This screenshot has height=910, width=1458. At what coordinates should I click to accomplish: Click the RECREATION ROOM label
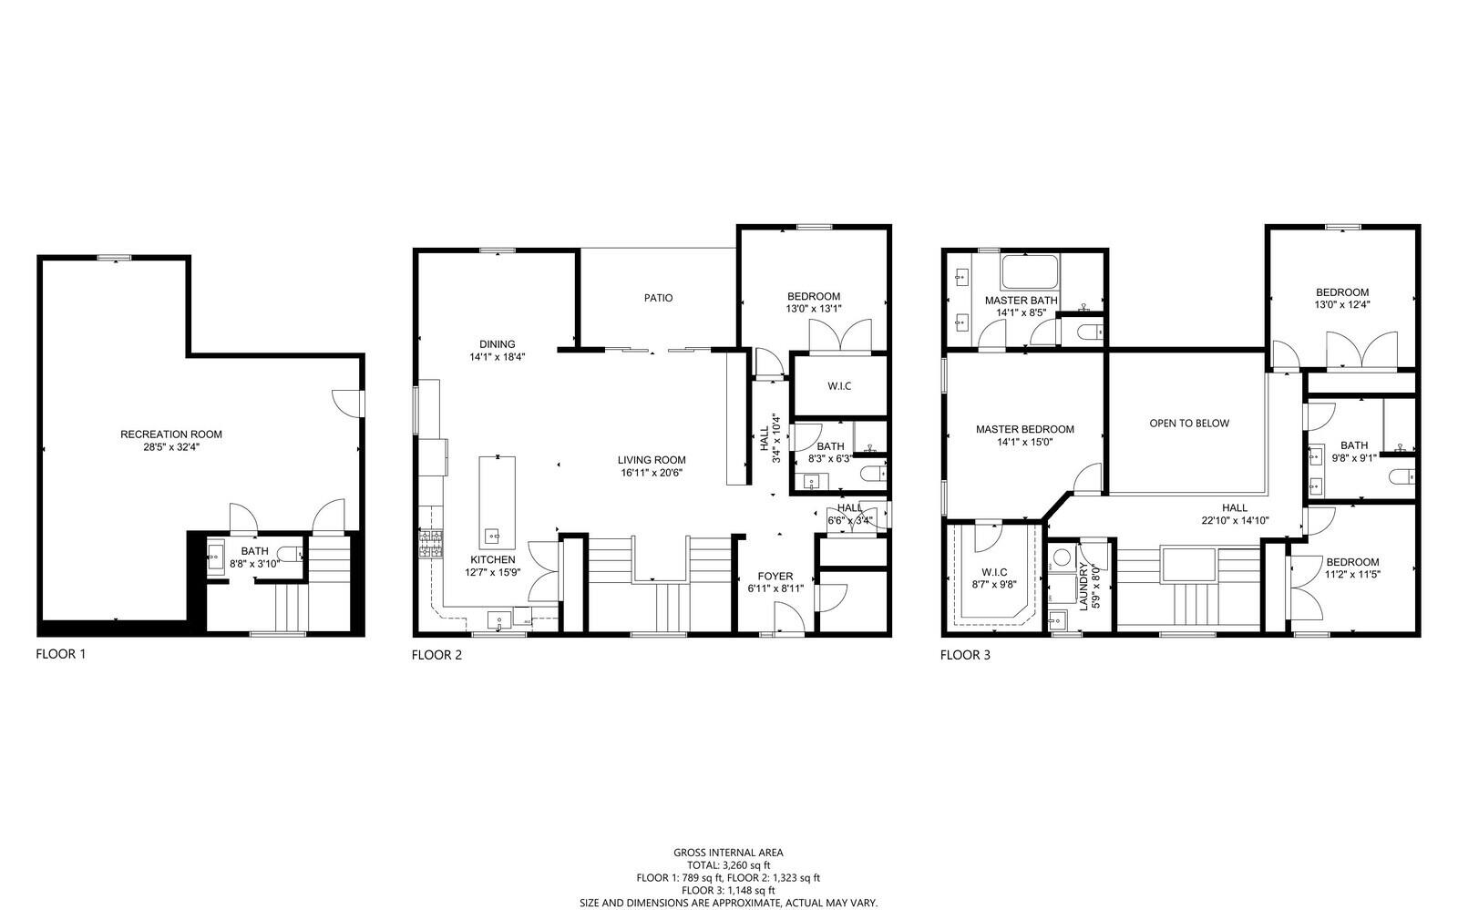click(171, 435)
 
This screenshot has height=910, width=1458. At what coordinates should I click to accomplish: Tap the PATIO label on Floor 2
click(658, 298)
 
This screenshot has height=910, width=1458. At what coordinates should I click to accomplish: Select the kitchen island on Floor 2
click(498, 501)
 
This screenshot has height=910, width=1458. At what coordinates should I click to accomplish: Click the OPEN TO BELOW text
click(1189, 424)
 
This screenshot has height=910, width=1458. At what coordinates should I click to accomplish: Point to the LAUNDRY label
click(1084, 586)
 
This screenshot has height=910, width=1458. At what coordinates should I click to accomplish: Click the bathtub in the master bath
click(1030, 271)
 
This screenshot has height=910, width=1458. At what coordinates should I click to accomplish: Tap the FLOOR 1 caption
click(61, 653)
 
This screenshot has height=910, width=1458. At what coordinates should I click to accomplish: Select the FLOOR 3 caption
click(965, 654)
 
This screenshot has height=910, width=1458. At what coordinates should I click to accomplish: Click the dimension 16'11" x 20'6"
click(651, 473)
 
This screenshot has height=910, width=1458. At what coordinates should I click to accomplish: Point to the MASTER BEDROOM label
click(1024, 429)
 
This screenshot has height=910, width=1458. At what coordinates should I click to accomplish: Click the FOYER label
click(775, 577)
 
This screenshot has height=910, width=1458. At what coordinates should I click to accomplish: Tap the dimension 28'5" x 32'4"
click(171, 447)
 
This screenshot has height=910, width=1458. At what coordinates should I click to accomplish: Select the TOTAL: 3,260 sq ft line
click(728, 865)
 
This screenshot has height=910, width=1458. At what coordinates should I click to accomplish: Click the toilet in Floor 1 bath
click(290, 552)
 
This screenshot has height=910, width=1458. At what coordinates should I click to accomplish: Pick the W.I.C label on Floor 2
click(839, 386)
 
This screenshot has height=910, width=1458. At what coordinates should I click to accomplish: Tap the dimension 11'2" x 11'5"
click(1352, 576)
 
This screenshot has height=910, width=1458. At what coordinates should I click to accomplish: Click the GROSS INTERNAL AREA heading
click(728, 853)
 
